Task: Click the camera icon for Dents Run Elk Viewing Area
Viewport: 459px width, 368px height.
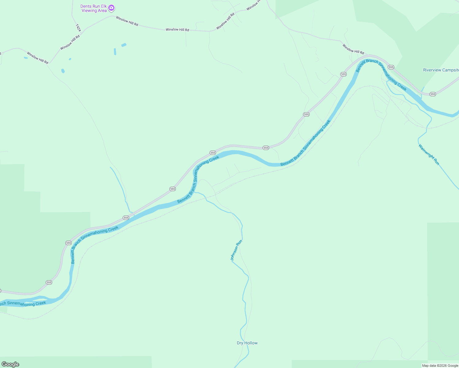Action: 112,7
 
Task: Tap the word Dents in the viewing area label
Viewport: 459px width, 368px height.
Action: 86,6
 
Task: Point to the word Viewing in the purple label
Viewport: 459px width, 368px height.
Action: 89,11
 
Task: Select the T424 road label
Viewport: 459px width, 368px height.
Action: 78,28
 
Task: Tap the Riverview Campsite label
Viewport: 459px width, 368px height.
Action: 441,70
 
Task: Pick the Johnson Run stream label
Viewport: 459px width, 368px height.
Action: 236,250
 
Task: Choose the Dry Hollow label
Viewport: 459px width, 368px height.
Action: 247,343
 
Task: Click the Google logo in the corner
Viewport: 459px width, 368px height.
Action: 10,364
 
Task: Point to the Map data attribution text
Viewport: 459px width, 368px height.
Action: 440,366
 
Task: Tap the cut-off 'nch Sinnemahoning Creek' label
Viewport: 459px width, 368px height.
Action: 23,304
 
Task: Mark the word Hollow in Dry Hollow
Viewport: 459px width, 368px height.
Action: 251,343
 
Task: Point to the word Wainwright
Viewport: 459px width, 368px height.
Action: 426,152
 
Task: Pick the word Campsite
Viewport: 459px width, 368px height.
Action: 450,70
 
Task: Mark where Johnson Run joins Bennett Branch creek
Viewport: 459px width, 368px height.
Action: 195,192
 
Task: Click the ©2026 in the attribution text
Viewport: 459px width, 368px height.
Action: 442,366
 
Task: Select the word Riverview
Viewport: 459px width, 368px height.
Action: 432,70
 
